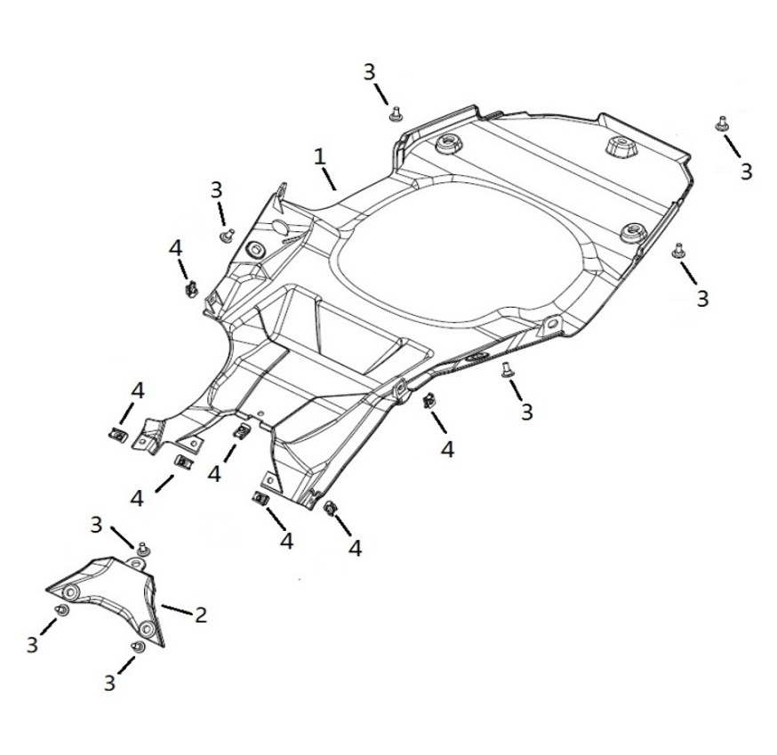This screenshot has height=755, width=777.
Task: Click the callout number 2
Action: point(201,614)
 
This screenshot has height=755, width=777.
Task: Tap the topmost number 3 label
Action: point(370,72)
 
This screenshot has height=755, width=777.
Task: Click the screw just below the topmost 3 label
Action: point(397,114)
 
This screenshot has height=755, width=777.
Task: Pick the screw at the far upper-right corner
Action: point(721,124)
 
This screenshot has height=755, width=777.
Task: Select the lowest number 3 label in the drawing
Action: point(109,682)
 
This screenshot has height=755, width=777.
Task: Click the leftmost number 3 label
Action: point(32,645)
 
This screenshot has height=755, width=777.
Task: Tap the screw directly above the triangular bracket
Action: point(141,546)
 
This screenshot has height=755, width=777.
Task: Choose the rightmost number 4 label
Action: point(447,449)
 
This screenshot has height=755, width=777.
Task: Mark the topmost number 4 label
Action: point(176,248)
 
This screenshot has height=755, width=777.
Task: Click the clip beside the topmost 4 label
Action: point(190,288)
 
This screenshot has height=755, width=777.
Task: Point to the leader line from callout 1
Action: point(329,178)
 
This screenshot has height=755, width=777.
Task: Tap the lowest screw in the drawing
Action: point(137,647)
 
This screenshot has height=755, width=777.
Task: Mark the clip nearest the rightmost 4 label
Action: point(429,401)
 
